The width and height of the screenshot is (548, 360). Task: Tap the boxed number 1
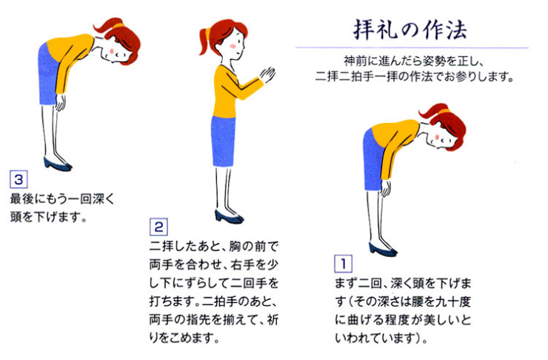coord(343,263)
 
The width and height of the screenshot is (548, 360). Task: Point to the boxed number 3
coord(18,179)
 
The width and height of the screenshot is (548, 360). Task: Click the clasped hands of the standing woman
coord(268,76)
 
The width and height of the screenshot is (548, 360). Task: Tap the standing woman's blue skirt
coord(223,140)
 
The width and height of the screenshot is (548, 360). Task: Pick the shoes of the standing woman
coord(228,217)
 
